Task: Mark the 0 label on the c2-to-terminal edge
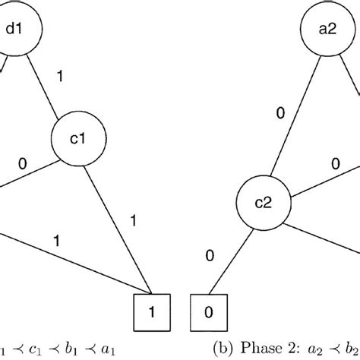point(209,257)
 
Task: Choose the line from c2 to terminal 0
point(231,262)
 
